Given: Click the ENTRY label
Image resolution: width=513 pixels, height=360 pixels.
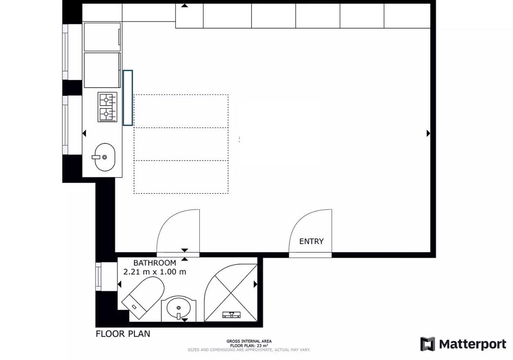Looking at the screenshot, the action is click(311, 241).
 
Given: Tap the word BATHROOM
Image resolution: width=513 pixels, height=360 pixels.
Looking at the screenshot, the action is click(155, 263).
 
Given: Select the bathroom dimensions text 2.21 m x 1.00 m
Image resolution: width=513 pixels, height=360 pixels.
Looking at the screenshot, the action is click(155, 272).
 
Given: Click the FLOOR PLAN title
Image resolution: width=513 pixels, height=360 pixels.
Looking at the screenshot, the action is click(123, 334).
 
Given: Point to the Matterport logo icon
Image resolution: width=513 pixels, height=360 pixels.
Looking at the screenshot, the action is click(428, 344).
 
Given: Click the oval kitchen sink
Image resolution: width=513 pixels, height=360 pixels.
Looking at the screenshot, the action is click(105, 157).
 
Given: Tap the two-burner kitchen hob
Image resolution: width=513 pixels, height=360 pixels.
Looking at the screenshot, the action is click(107, 107).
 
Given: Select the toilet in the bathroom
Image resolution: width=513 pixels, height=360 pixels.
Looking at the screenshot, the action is click(143, 297).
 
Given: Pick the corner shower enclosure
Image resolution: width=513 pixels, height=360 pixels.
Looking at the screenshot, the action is click(231, 293).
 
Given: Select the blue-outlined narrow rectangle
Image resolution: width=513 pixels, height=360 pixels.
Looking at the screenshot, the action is click(128, 98).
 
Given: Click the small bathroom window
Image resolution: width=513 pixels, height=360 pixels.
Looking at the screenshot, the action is click(98, 277).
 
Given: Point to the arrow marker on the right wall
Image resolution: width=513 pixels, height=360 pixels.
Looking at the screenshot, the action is click(428, 133).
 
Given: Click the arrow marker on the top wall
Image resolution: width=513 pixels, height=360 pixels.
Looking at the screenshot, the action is click(184, 5).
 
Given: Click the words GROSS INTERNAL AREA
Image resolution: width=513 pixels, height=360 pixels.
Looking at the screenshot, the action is click(249, 341).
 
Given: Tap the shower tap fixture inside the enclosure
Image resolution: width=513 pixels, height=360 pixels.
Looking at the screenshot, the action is click(232, 315).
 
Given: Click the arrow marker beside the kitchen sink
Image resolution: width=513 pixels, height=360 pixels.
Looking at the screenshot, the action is click(84, 133).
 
